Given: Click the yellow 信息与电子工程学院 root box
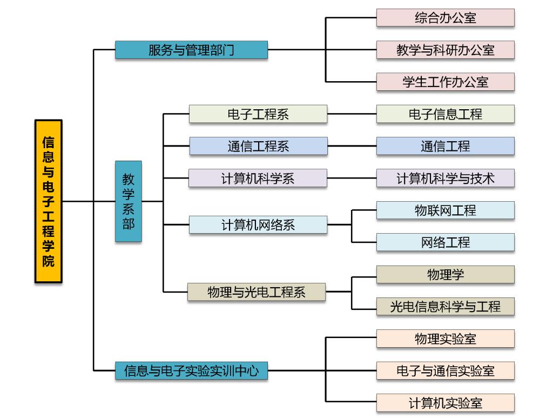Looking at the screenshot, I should point(49,201).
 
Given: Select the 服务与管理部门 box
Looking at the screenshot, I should point(191,50).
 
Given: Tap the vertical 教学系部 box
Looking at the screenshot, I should point(129,201).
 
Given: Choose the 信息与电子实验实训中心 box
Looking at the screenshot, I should point(191,371).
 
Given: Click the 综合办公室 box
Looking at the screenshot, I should point(445,18).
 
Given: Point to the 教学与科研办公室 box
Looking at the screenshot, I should point(445,50).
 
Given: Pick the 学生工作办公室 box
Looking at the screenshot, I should point(445,82).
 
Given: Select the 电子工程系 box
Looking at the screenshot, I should point(258,114).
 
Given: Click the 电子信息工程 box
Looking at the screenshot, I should point(445,114).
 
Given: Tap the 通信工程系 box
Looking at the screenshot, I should point(258,146).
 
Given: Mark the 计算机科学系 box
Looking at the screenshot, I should point(258,178).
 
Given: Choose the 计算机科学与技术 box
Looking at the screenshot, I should point(445,178).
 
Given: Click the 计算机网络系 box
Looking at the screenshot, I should point(258,225).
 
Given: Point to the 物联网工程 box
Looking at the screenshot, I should point(445,210).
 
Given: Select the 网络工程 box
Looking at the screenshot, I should point(445,242).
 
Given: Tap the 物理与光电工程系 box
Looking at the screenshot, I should point(257,292).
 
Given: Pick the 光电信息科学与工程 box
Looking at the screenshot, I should point(445,307).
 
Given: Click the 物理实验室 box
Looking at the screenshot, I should point(445,339).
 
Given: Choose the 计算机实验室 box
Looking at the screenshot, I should point(445,403).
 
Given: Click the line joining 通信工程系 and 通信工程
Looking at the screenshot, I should point(352,146).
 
